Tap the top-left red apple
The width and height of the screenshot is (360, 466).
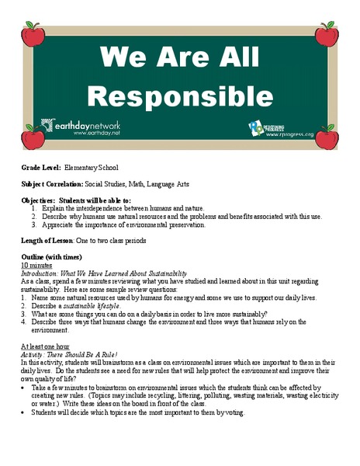tap(33, 34)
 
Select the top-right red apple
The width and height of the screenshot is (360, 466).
tap(327, 34)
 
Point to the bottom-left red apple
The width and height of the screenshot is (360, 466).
tap(33, 138)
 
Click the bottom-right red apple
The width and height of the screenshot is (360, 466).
tap(327, 138)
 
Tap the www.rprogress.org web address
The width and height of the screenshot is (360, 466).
tap(290, 134)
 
